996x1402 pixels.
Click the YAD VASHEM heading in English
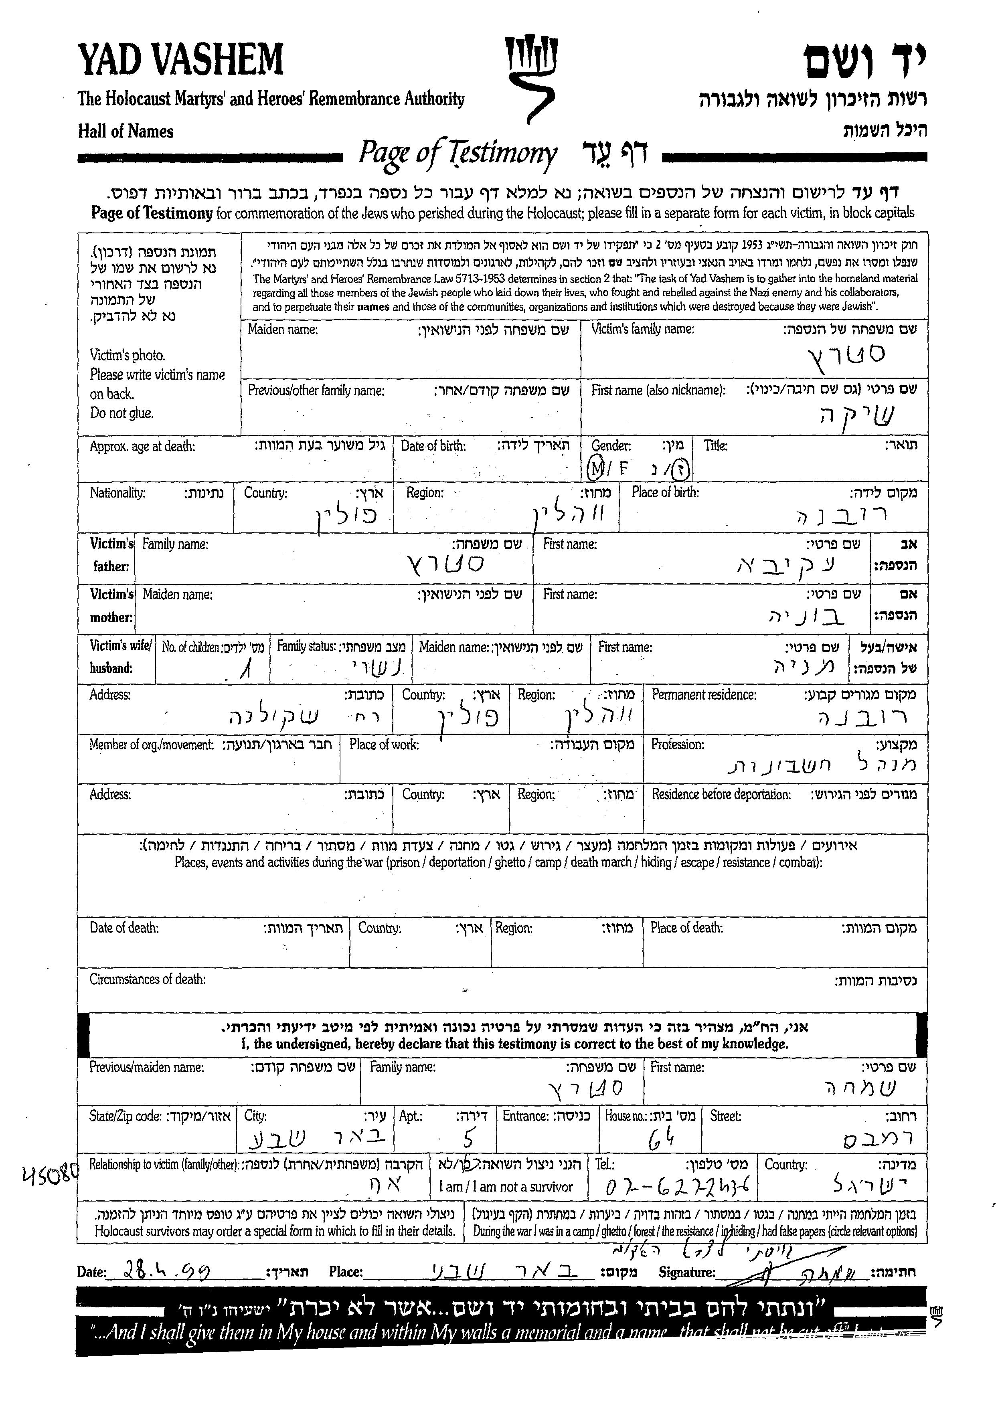pos(180,61)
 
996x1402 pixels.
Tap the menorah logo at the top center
pos(531,77)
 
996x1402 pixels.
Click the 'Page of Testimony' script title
pos(458,153)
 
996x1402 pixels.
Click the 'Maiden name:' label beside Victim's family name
pos(283,329)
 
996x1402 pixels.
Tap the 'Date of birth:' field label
pos(433,446)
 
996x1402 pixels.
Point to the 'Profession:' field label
pos(677,744)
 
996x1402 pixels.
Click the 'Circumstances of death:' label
pos(147,979)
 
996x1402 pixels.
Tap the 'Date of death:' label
pos(124,928)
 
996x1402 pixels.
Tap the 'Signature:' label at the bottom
pos(686,1272)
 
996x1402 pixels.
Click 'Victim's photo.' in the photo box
pos(127,355)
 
